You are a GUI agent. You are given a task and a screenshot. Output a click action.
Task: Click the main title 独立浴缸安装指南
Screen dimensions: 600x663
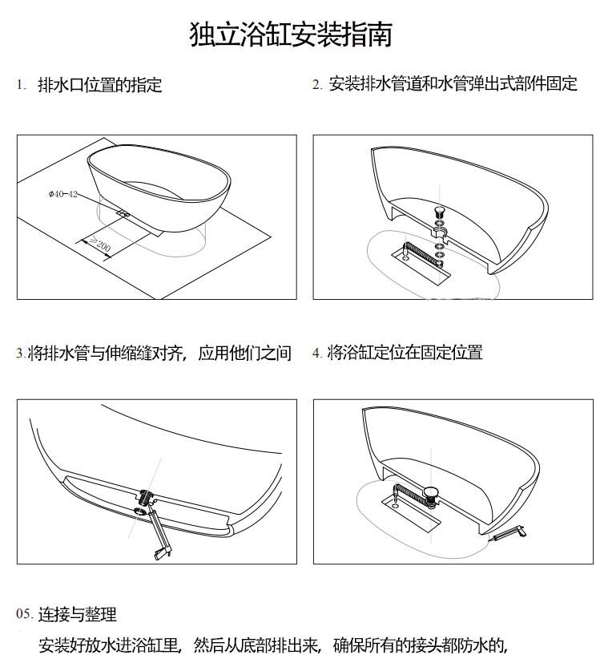point(291,34)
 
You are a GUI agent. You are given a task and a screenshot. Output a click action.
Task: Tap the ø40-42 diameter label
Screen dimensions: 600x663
point(63,194)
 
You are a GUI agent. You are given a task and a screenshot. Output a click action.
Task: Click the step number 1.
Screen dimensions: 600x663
point(21,84)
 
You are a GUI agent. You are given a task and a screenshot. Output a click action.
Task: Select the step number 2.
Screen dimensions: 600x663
point(317,84)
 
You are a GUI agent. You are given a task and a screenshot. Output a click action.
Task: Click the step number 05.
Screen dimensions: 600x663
point(25,613)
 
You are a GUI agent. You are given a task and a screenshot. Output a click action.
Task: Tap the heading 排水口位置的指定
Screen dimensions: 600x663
point(100,84)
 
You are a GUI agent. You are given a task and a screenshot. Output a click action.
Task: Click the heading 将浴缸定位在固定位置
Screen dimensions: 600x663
point(405,352)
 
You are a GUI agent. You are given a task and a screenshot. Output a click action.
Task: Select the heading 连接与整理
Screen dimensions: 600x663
point(78,614)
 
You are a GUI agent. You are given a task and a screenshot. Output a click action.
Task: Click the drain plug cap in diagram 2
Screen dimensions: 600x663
point(440,211)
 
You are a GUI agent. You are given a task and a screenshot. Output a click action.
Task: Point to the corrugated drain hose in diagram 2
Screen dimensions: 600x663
point(421,253)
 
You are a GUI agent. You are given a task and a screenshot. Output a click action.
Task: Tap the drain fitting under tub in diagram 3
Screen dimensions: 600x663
point(145,497)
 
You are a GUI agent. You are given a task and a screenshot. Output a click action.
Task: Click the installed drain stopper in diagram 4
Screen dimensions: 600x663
point(432,493)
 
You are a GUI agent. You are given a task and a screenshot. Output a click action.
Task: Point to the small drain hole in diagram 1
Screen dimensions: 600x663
point(123,214)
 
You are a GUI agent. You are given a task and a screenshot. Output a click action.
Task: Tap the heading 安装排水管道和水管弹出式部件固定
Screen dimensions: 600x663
point(453,83)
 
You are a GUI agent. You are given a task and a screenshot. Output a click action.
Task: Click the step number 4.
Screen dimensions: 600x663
point(317,353)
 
